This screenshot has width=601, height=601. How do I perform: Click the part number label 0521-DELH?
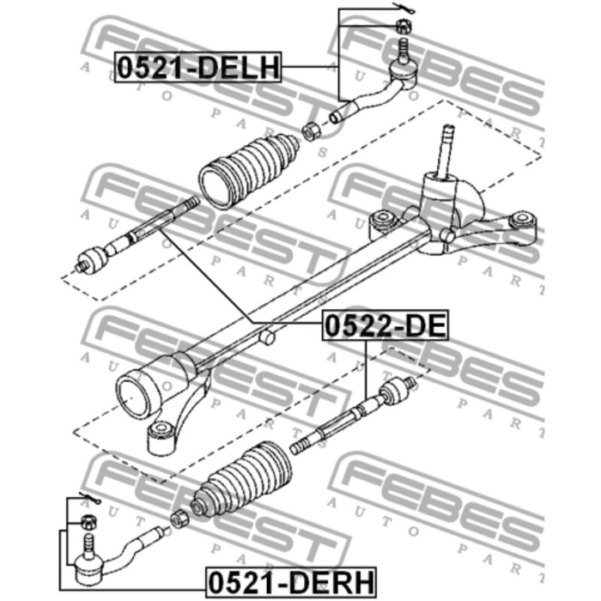coord(197,68)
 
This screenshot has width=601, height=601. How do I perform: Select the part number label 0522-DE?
coord(385,325)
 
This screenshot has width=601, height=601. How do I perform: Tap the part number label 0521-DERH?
coord(291,582)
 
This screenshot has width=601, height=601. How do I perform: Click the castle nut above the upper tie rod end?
coord(404,26)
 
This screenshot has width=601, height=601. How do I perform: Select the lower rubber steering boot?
coord(241,480)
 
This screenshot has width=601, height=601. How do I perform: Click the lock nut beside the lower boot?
coord(179,519)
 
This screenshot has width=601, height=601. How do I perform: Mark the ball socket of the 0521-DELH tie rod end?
coord(403,73)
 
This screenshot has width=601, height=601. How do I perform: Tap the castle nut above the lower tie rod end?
coord(89,522)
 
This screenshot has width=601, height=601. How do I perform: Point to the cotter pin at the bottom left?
coord(89,497)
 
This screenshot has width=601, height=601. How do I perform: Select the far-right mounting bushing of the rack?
coord(522,223)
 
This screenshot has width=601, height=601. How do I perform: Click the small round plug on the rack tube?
coord(267,337)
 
